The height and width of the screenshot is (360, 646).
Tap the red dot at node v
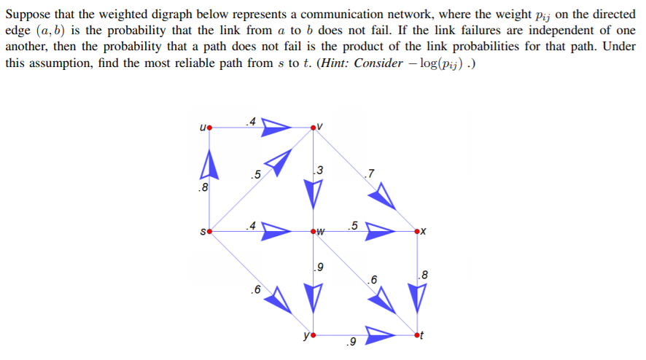click(314, 128)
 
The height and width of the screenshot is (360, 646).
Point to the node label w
click(320, 232)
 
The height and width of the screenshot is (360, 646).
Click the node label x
click(424, 232)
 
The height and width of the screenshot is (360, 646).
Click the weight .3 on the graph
click(317, 171)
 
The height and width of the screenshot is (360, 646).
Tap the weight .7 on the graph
click(370, 173)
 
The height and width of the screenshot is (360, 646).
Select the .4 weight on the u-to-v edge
click(251, 122)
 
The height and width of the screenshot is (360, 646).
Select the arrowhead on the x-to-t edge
click(416, 297)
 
